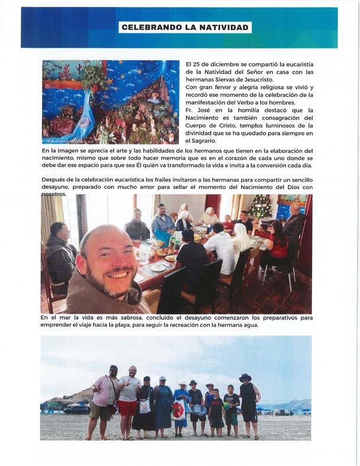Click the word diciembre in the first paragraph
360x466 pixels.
[214, 64]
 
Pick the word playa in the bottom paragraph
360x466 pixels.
[186, 324]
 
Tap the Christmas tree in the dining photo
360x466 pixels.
[260, 207]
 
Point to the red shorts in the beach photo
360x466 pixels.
[127, 408]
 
